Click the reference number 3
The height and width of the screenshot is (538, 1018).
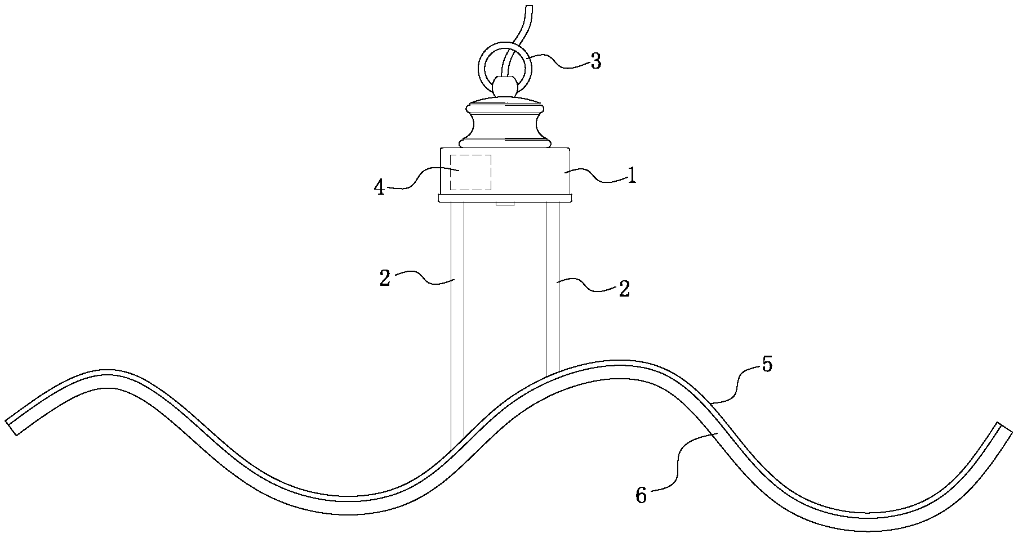coord(595,61)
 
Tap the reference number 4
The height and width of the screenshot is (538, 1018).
coord(380,187)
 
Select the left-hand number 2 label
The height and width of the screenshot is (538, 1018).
coord(385,278)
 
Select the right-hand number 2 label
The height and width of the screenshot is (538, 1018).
coord(624,289)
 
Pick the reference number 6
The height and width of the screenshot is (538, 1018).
coord(641,495)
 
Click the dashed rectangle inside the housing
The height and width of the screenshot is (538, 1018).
coord(470,172)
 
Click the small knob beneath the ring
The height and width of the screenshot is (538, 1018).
coord(505,87)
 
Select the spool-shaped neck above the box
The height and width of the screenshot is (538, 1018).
coord(505,125)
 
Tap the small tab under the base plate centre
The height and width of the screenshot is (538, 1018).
coord(505,204)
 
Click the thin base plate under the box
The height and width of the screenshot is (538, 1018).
coord(505,198)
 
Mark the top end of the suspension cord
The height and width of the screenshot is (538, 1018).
coord(528,8)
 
